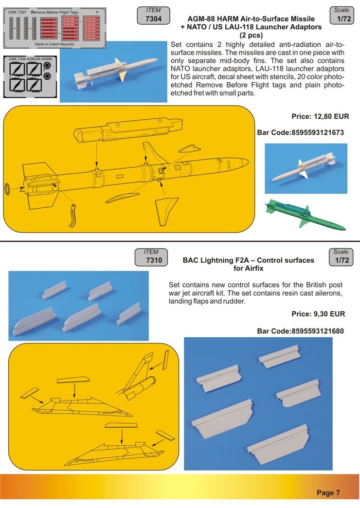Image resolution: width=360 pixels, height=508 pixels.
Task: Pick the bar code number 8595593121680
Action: (x=300, y=331)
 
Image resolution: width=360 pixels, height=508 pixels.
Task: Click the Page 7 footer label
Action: (x=328, y=493)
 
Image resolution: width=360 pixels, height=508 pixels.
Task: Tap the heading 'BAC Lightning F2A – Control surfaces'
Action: (x=248, y=261)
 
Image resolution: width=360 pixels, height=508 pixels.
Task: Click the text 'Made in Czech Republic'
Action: (x=54, y=45)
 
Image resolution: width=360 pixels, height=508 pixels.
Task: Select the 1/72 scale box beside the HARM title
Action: (x=341, y=14)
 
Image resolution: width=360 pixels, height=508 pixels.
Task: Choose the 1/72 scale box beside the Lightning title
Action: (x=341, y=257)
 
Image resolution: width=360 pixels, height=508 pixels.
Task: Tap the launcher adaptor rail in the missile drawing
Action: (x=123, y=131)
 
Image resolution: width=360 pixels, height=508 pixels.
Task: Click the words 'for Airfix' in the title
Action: (x=248, y=269)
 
